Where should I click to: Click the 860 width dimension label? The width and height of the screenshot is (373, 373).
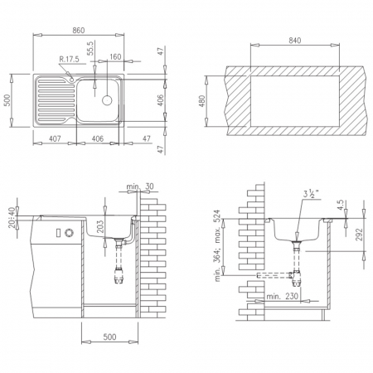[79, 31]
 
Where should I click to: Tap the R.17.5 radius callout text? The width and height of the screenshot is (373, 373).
[69, 59]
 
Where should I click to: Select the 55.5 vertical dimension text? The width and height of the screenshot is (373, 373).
[91, 48]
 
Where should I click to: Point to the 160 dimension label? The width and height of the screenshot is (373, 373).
[115, 56]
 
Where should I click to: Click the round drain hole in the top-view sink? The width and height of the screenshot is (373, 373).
[107, 100]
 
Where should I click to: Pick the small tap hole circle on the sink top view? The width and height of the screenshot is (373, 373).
[72, 80]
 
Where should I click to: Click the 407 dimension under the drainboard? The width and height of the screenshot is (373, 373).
[55, 138]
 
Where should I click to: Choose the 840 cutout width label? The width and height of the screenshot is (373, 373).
[295, 41]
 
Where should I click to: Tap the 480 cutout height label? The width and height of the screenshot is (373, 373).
[201, 101]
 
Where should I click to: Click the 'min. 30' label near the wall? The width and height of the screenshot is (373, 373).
[140, 186]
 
